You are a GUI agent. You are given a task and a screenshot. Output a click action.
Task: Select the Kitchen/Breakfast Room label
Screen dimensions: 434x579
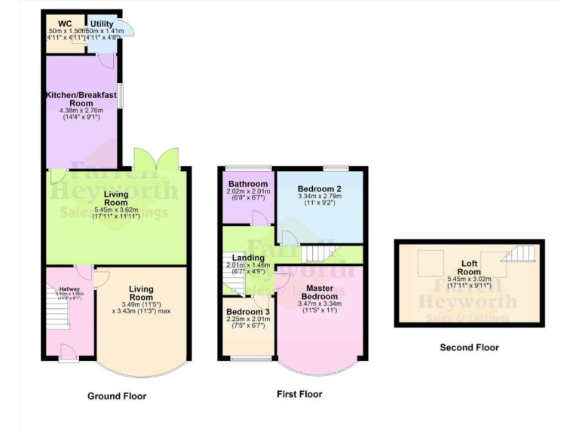(81, 99)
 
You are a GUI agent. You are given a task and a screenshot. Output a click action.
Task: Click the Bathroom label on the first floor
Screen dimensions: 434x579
(248, 184)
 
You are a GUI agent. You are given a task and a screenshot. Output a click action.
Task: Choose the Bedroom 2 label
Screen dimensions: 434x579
(319, 188)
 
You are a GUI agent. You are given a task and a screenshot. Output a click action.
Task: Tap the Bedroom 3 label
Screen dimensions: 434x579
(248, 311)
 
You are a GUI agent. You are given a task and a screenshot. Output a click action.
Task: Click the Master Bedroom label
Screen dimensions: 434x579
(320, 291)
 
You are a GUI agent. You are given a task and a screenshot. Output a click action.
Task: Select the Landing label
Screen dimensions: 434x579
(249, 258)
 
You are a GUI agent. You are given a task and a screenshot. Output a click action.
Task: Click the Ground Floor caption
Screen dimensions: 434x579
(117, 396)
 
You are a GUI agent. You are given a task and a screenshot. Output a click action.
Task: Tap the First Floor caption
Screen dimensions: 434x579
(299, 394)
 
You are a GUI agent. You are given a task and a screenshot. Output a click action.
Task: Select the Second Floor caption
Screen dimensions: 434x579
(469, 348)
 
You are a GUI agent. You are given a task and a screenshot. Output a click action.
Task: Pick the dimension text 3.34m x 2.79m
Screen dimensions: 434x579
(319, 197)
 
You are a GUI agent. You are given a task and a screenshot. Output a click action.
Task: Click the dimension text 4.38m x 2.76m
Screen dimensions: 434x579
(81, 111)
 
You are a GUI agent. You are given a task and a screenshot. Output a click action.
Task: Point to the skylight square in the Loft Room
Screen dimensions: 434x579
(432, 259)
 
